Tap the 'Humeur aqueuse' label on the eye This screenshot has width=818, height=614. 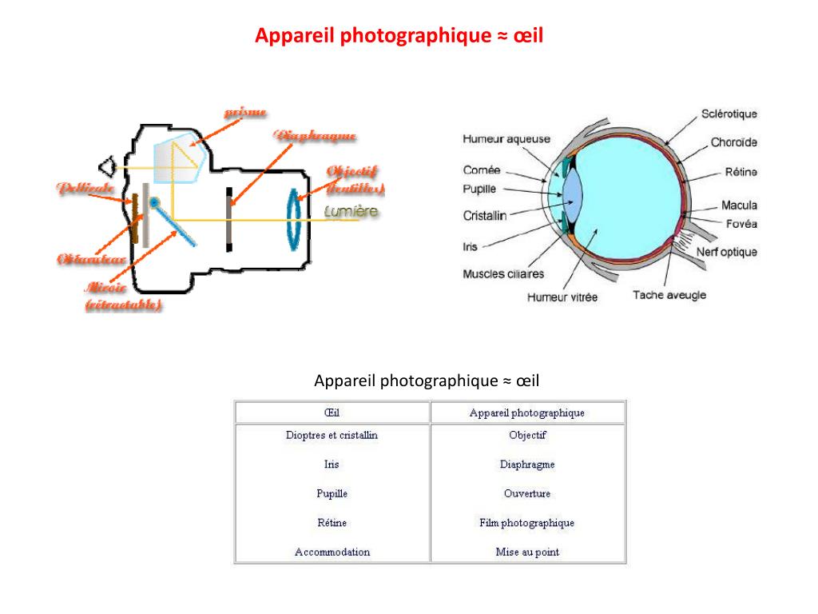[506, 139]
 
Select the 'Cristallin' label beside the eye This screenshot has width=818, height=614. [484, 216]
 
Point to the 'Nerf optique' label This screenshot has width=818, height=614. [726, 253]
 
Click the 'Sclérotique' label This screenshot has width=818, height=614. [729, 114]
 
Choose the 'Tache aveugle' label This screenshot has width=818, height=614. [669, 295]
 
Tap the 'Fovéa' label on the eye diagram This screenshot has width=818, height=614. [741, 224]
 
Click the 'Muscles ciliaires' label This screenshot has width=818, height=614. [503, 274]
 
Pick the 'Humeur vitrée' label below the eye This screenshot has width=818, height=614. [562, 297]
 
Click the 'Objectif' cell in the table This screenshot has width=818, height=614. [527, 436]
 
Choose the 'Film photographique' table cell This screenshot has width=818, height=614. [527, 523]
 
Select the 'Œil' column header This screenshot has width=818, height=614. [332, 413]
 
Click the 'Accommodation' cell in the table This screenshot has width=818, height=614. [332, 552]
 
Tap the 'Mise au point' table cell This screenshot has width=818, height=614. [527, 552]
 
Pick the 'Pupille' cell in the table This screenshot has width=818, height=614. [332, 494]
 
